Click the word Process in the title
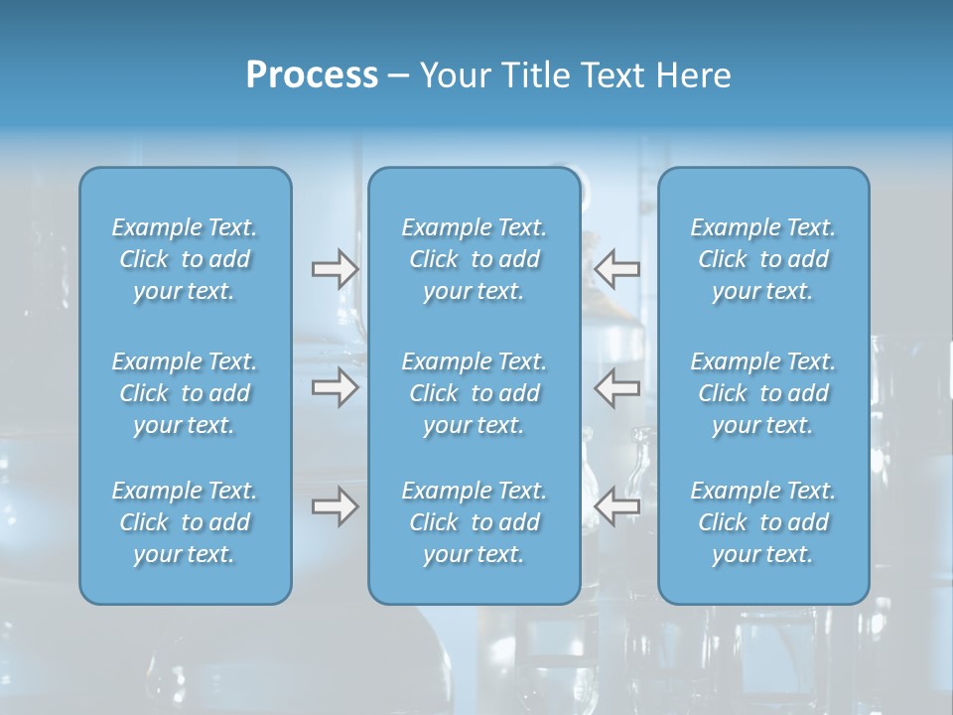pyautogui.click(x=312, y=75)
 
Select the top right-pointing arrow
pyautogui.click(x=335, y=268)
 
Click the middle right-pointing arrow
pyautogui.click(x=335, y=386)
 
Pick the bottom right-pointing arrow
pyautogui.click(x=335, y=506)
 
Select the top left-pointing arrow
pyautogui.click(x=616, y=268)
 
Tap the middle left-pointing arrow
pyautogui.click(x=616, y=386)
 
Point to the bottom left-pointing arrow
pyautogui.click(x=616, y=506)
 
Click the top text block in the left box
pyautogui.click(x=185, y=259)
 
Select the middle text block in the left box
pyautogui.click(x=185, y=393)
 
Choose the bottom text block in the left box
pyautogui.click(x=185, y=522)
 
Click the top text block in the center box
pyautogui.click(x=475, y=259)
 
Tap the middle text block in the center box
pyautogui.click(x=475, y=393)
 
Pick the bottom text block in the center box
pyautogui.click(x=475, y=522)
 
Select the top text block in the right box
pyautogui.click(x=763, y=259)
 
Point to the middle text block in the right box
pyautogui.click(x=763, y=393)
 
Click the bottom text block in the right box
pyautogui.click(x=763, y=522)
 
